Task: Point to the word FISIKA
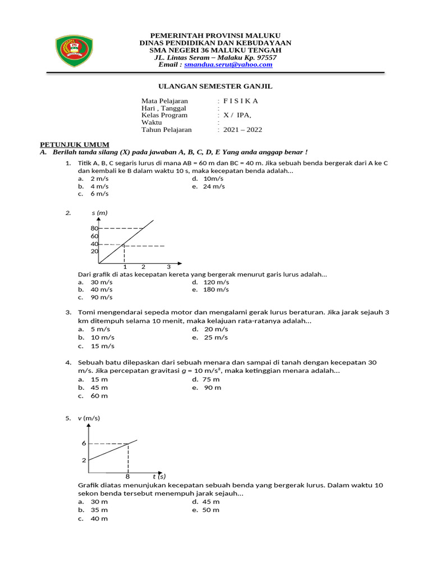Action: [241, 101]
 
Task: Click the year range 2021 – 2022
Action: [242, 130]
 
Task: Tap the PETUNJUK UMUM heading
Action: [73, 144]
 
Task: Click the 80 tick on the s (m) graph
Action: [94, 229]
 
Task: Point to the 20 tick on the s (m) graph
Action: [94, 252]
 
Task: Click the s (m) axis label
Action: [99, 213]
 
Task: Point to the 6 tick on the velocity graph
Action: [84, 444]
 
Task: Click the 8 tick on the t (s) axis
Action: [128, 476]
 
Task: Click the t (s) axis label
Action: [159, 477]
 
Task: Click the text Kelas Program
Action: [164, 115]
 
